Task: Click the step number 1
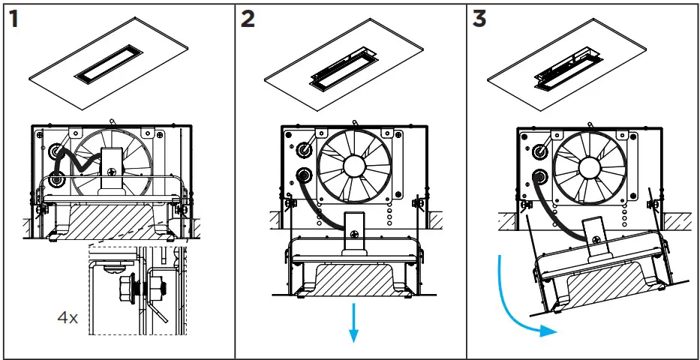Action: pyautogui.click(x=13, y=19)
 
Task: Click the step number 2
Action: pyautogui.click(x=248, y=19)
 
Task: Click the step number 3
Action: pyautogui.click(x=479, y=19)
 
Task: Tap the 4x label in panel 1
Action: pyautogui.click(x=68, y=317)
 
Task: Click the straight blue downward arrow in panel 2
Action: pyautogui.click(x=353, y=323)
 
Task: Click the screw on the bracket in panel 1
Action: pyautogui.click(x=112, y=171)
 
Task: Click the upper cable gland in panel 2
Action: pyautogui.click(x=305, y=149)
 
